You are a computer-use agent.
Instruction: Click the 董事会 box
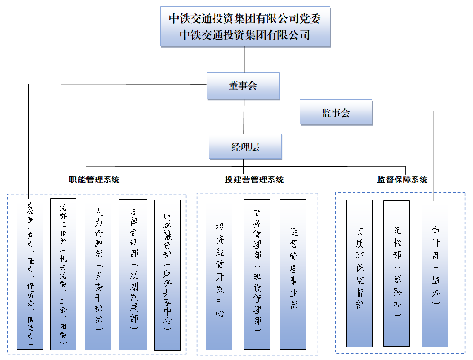coord(243,86)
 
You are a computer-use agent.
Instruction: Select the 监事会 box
coord(336,112)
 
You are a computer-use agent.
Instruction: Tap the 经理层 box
coord(245,147)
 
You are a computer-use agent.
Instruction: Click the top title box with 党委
coord(245,26)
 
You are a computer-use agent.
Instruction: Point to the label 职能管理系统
coord(94,180)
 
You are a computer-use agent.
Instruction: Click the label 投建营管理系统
coord(254,180)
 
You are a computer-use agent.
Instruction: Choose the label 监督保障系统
coord(402,180)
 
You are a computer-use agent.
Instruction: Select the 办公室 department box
coord(30,274)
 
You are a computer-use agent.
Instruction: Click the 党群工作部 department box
coord(63,274)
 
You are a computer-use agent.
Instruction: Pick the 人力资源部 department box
coord(98,274)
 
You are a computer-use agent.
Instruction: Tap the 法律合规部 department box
coord(132,274)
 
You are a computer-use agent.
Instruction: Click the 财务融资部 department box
coord(167,274)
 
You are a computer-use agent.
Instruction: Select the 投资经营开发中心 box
coord(219,274)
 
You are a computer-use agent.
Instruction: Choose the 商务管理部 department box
coord(257,274)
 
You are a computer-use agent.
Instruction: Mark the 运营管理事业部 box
coord(293,274)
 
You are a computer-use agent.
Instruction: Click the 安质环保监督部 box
coord(360,274)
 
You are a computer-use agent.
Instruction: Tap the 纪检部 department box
coord(396,274)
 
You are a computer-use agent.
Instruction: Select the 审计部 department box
coord(435,274)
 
